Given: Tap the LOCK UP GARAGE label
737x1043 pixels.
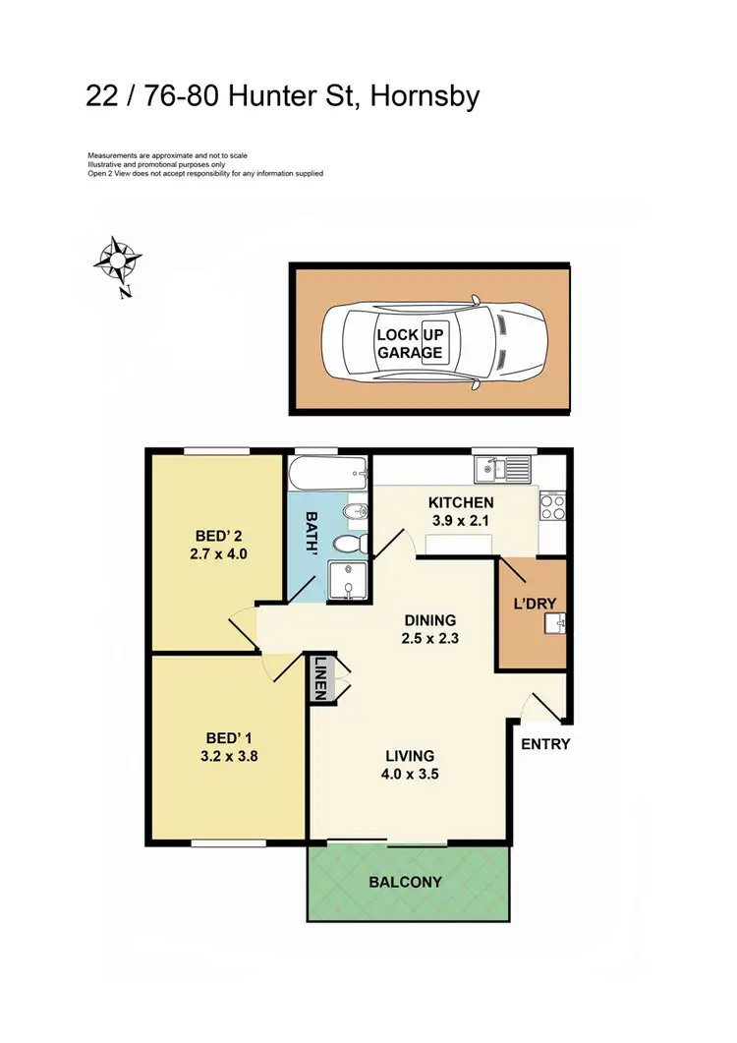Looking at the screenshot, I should tap(410, 343).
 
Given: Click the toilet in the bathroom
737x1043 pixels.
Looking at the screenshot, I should tap(348, 543).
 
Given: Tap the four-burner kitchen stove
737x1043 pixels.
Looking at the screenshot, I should tap(550, 505).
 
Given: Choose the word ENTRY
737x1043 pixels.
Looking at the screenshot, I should tap(545, 744).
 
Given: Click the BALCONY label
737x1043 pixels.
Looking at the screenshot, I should tap(405, 882).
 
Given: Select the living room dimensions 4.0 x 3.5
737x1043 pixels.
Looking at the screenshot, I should tap(410, 773).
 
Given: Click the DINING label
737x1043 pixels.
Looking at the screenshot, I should tap(430, 620).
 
